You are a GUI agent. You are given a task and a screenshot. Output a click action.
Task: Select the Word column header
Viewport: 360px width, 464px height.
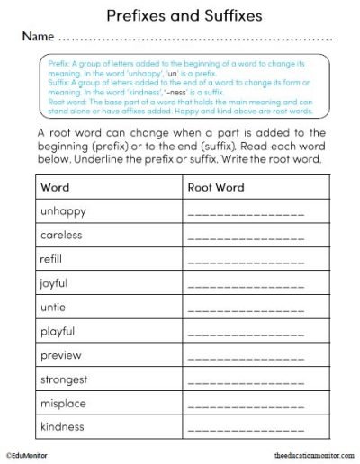(x=55, y=187)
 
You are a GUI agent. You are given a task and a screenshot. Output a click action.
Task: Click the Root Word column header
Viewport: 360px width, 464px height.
(x=215, y=187)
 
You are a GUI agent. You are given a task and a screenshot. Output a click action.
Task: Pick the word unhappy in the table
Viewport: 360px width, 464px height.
(x=64, y=211)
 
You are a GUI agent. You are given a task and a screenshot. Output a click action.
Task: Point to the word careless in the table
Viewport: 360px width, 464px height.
(x=61, y=235)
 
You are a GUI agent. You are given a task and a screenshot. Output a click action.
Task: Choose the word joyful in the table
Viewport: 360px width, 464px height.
(x=54, y=283)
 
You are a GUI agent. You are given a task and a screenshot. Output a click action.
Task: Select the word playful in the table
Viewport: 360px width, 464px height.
(x=58, y=331)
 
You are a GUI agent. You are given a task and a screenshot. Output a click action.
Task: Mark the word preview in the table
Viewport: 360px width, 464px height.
(x=61, y=355)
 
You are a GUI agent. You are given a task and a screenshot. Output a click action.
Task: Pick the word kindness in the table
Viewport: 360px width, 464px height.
(x=63, y=426)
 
